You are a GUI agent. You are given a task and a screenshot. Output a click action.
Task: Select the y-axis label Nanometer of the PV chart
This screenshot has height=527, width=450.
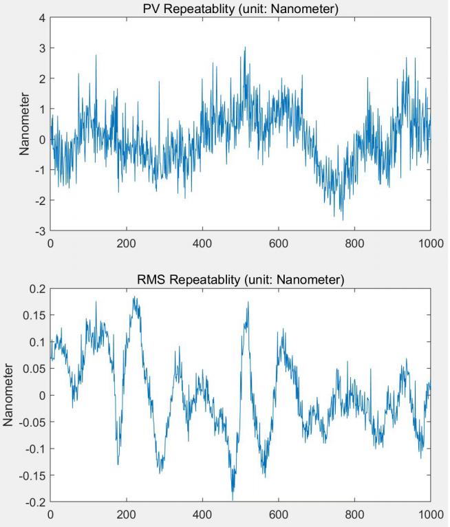[x=24, y=125]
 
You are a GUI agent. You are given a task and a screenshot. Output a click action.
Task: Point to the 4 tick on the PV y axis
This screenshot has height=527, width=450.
[x=43, y=18]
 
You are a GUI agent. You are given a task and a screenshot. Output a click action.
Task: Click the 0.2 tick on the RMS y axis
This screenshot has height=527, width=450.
[x=39, y=289]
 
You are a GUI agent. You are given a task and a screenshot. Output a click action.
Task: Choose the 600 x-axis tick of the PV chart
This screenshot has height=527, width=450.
[x=279, y=243]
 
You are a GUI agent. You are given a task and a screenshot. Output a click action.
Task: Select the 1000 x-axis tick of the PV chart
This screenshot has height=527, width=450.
[x=430, y=243]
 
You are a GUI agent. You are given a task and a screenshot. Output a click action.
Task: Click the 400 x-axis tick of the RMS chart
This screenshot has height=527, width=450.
[x=203, y=513]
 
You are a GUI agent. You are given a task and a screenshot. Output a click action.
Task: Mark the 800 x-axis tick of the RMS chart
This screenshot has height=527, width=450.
[x=354, y=513]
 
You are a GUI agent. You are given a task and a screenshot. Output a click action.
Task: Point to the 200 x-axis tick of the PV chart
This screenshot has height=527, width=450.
[x=127, y=243]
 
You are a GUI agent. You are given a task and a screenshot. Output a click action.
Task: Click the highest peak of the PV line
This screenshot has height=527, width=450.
[x=244, y=47]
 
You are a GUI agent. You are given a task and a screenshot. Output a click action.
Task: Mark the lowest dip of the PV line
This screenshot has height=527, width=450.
[x=343, y=219]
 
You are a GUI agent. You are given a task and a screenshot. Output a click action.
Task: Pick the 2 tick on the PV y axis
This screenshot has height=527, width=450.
[x=43, y=79]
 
